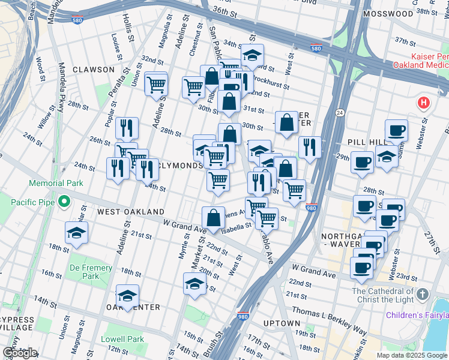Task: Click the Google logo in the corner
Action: click(x=20, y=353)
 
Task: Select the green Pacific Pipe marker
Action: click(x=62, y=203)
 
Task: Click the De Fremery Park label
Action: click(x=91, y=272)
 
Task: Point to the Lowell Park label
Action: click(x=126, y=339)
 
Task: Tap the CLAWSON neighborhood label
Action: click(x=93, y=70)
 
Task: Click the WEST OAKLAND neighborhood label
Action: click(x=131, y=212)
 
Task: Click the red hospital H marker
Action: click(x=424, y=103)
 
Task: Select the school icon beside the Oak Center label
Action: click(x=127, y=296)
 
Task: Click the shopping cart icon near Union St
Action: click(x=156, y=84)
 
